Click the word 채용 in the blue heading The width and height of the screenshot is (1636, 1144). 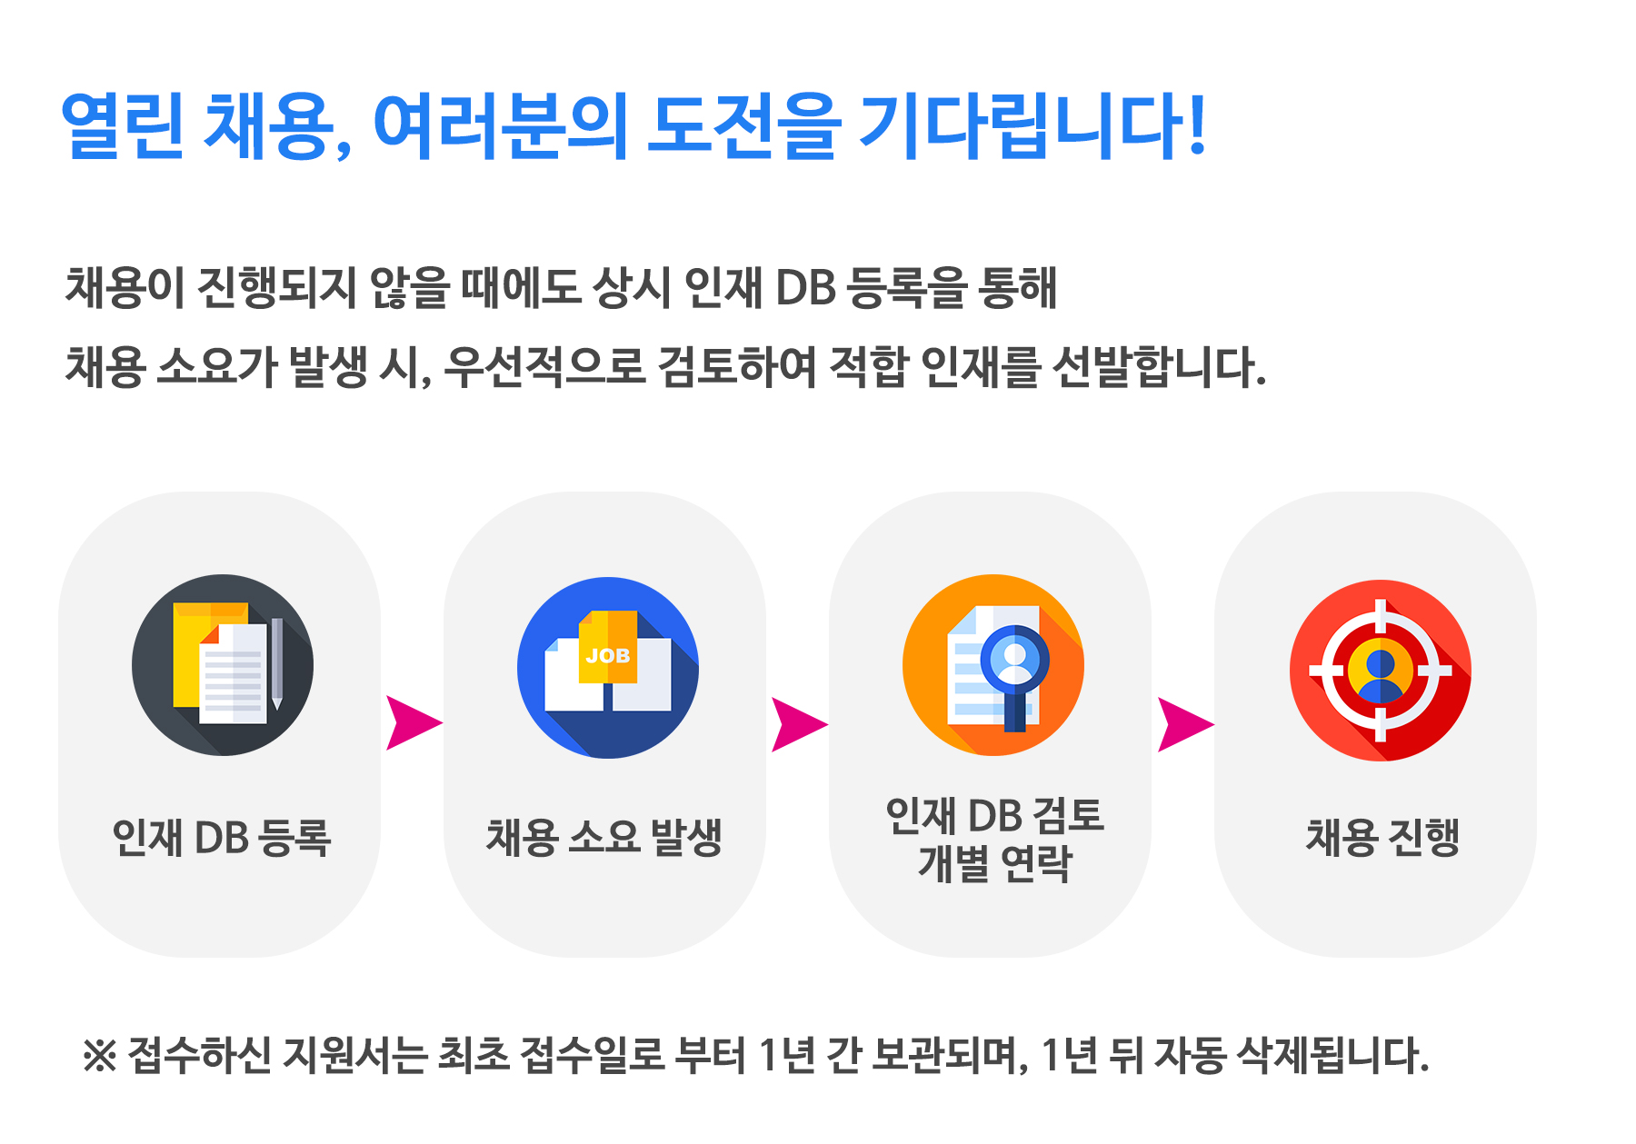tap(266, 126)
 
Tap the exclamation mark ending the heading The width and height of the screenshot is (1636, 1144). tap(1196, 124)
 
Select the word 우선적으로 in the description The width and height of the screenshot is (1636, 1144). tap(544, 368)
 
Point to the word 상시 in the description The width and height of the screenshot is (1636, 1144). tap(631, 288)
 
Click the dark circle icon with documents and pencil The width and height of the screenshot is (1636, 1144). tap(223, 665)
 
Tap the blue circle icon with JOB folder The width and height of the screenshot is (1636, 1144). tap(608, 668)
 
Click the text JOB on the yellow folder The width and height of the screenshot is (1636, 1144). tap(608, 655)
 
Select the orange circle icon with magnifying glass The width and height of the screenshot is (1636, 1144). tap(993, 665)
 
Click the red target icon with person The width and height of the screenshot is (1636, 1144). tap(1381, 671)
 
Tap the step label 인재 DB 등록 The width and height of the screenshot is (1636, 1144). tap(222, 838)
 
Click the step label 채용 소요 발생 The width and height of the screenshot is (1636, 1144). tap(604, 838)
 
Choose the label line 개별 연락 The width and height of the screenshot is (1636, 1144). tap(995, 863)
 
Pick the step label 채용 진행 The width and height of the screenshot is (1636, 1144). tap(1382, 838)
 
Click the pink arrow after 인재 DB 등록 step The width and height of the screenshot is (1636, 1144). tap(414, 723)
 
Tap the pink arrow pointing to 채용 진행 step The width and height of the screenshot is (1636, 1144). tap(1186, 724)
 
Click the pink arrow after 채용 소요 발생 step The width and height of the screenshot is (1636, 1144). tap(800, 724)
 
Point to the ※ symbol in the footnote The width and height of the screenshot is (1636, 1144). tap(99, 1056)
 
